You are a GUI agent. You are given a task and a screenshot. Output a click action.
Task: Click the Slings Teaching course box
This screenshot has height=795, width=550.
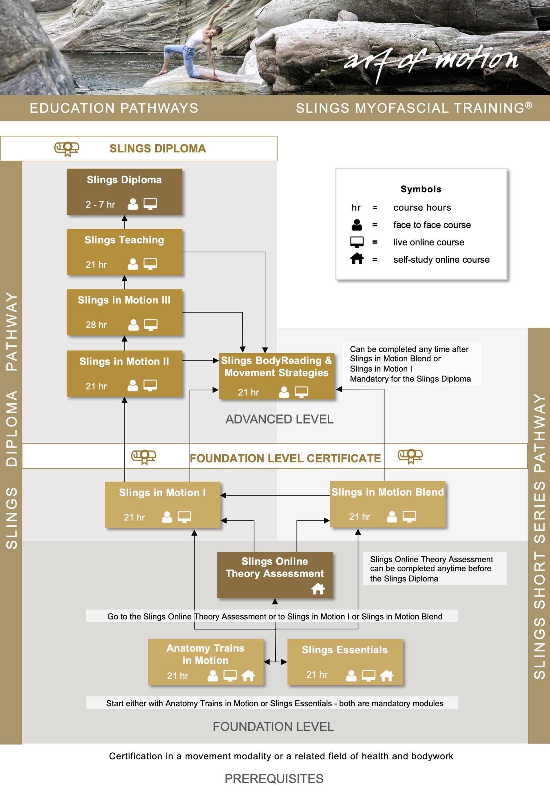[x=124, y=252]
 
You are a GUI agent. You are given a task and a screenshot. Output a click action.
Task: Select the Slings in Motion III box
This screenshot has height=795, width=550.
[x=124, y=312]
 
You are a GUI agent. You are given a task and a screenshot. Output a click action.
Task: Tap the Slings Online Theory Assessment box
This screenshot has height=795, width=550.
[x=275, y=575]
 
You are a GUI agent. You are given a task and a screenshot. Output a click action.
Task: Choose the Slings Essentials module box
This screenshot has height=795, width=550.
[x=345, y=662]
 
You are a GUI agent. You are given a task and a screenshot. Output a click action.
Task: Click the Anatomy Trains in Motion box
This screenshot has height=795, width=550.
[x=206, y=662]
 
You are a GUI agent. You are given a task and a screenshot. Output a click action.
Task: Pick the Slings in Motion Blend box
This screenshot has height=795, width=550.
[x=388, y=504]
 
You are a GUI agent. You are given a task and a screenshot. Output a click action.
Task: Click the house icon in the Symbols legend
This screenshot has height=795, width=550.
[x=357, y=259]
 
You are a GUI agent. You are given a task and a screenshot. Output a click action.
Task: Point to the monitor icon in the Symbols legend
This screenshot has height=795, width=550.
[x=357, y=242]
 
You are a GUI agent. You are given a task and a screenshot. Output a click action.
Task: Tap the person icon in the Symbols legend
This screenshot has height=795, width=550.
[x=357, y=225]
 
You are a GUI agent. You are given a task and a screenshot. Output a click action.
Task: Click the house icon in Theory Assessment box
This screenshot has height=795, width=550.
[x=318, y=589]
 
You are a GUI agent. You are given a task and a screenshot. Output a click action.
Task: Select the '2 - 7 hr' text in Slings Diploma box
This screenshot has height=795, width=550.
[x=100, y=204]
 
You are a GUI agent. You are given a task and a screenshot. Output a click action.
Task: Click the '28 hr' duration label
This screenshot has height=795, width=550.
[x=96, y=325]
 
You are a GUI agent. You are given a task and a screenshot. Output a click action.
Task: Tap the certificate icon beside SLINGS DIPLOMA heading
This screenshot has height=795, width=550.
[x=67, y=148]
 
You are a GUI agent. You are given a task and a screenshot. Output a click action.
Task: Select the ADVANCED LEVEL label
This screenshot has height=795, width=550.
[x=279, y=419]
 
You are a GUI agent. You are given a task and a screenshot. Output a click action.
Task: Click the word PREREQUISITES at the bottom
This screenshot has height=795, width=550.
[x=274, y=779]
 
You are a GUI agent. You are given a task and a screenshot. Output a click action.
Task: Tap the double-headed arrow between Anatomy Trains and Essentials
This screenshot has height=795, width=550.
[x=275, y=662]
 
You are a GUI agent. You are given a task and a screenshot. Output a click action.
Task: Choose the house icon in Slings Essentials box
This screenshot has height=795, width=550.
[x=387, y=676]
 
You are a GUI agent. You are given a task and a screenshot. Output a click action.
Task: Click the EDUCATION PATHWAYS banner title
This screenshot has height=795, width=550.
[x=114, y=108]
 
